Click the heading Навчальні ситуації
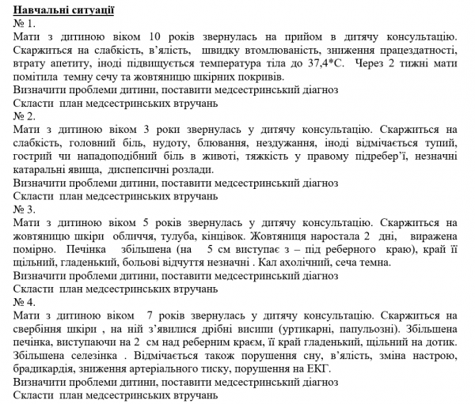(64, 9)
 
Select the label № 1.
(25, 23)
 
